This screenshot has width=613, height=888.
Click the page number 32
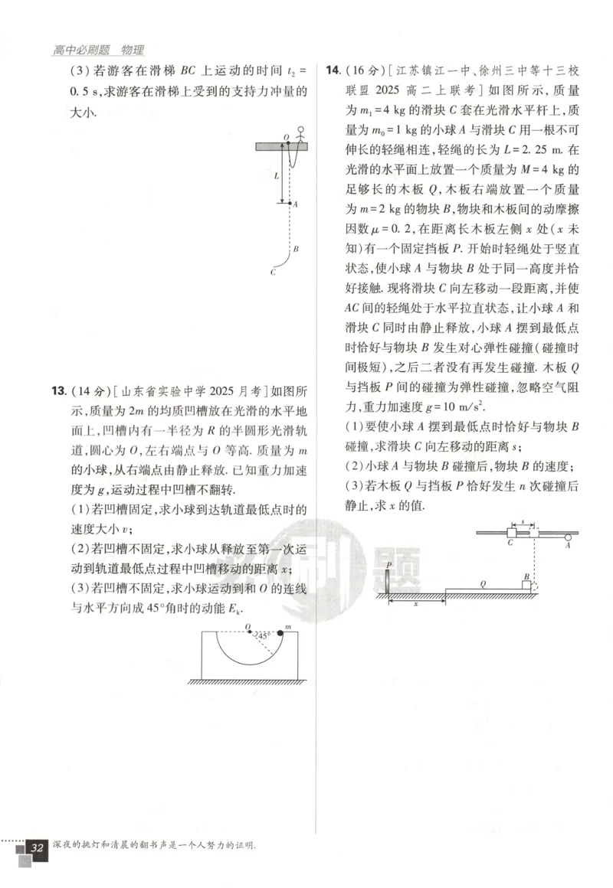tap(36, 848)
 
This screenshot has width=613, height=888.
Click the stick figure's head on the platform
tap(300, 129)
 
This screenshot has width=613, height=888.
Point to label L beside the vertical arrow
tap(277, 175)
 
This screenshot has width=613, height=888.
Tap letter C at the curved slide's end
tap(273, 271)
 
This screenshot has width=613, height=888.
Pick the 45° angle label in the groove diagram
tap(264, 635)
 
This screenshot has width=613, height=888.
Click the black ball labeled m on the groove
tap(279, 633)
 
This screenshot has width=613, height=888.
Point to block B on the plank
tap(527, 586)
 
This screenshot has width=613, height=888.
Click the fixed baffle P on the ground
tap(388, 582)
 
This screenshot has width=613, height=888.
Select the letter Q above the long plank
tap(484, 583)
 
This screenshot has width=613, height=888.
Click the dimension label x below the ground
tap(416, 603)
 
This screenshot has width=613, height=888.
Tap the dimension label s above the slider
tap(523, 522)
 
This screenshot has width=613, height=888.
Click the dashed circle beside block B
tap(536, 587)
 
